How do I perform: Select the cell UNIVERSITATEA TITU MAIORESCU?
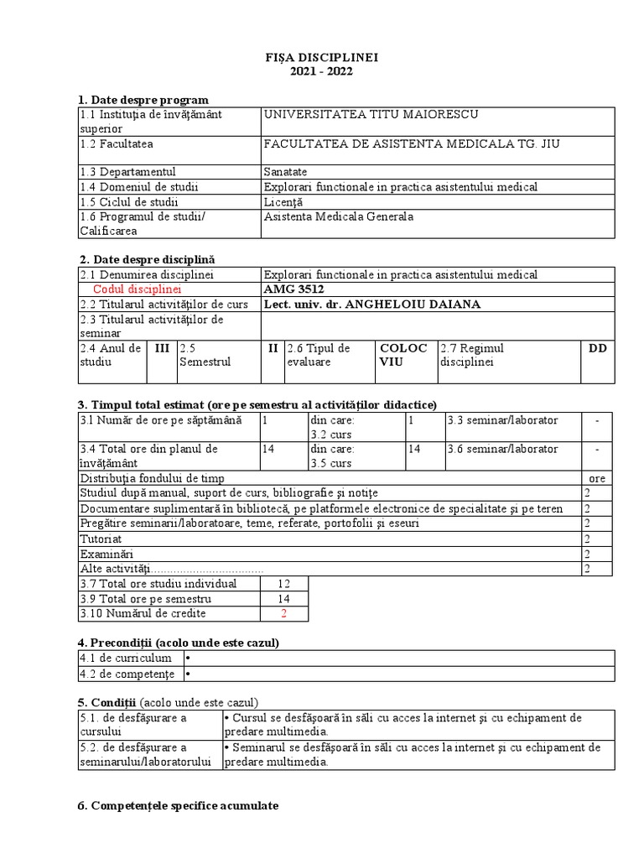point(371,114)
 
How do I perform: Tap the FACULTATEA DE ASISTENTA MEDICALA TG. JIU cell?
point(411,143)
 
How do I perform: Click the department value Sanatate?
point(285,172)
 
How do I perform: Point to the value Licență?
point(283,202)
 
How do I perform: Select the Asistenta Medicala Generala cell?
point(338,216)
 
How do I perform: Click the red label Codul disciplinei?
point(138,289)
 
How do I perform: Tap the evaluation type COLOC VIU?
point(403,356)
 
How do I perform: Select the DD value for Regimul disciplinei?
point(598,348)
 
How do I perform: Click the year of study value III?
point(162,348)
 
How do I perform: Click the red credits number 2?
point(283,614)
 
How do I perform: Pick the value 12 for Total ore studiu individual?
point(283,584)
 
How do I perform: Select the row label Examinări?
point(105,554)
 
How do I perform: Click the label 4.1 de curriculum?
point(126,659)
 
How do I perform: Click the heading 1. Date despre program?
point(143,100)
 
